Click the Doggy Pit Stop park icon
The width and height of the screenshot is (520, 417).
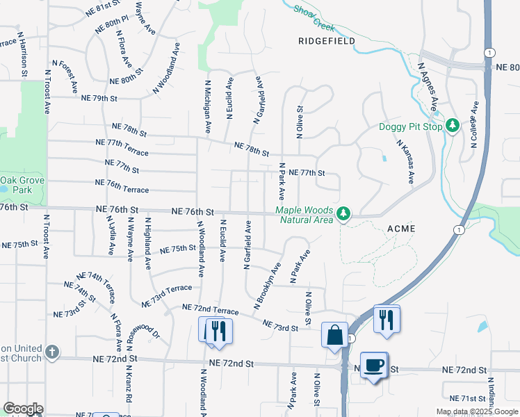(x=453, y=126)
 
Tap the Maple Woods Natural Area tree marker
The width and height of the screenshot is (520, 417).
(x=343, y=214)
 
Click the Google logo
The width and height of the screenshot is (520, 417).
(x=23, y=409)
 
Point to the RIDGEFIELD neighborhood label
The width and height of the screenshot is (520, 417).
(x=327, y=41)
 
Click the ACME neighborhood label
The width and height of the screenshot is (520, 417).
(x=401, y=229)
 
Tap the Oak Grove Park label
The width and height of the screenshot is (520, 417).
(x=16, y=184)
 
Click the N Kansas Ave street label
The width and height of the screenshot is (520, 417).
(x=405, y=162)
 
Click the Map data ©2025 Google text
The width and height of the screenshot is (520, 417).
(x=477, y=411)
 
